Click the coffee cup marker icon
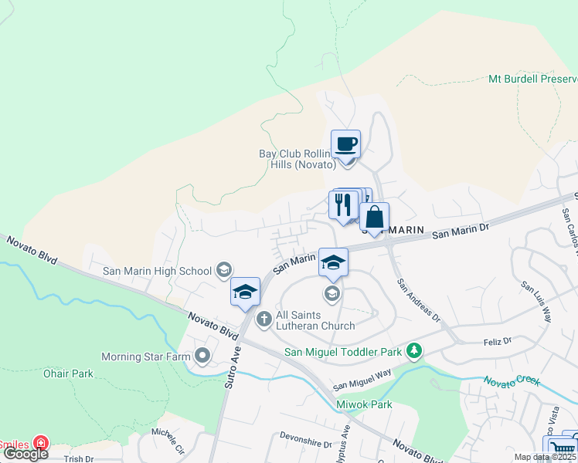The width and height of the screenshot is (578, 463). (345, 144)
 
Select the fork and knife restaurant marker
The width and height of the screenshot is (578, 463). (343, 204)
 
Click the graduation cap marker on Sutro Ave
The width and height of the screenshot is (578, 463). (245, 292)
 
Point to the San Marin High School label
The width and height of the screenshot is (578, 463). (158, 271)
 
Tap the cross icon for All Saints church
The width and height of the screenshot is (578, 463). (263, 318)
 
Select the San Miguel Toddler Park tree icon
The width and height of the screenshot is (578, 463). (415, 352)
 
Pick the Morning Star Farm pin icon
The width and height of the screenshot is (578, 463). (202, 356)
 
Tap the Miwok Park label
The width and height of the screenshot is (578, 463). (364, 404)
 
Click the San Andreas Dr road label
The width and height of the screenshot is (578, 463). (418, 300)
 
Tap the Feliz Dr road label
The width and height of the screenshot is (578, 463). (498, 341)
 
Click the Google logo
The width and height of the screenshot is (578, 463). (25, 454)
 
